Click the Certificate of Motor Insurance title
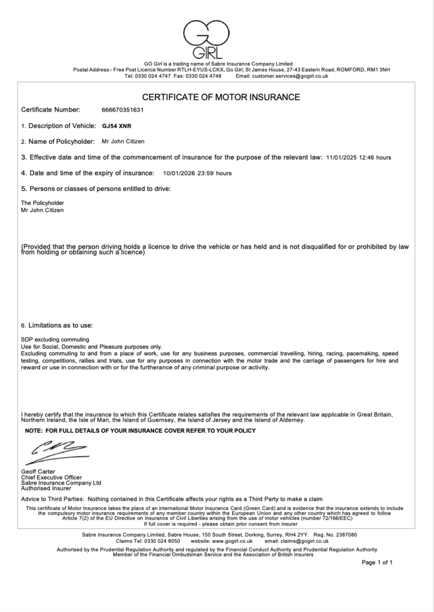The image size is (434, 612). pos(221,97)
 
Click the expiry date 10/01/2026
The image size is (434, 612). pos(178,173)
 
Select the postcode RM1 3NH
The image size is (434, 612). pos(377,70)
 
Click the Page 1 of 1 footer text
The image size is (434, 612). pos(377,562)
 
